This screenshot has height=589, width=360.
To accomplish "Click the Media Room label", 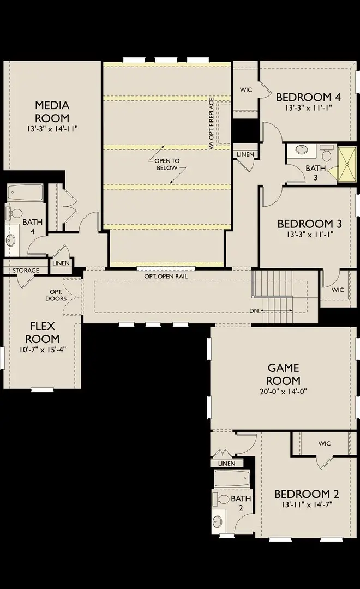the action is click(x=52, y=111).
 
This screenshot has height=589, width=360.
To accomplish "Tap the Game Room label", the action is click(x=283, y=374).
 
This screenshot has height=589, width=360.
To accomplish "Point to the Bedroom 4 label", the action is click(x=308, y=97).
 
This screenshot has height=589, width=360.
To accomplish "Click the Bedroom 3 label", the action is click(x=310, y=224).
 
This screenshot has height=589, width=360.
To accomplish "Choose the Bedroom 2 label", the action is click(x=307, y=494).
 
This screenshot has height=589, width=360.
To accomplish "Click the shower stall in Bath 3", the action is click(x=346, y=165).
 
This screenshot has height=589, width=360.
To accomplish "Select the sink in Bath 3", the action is click(x=302, y=150).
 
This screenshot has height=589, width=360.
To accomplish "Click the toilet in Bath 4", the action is click(x=14, y=213).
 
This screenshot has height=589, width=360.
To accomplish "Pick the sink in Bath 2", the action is click(x=218, y=521).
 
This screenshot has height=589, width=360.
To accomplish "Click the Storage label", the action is click(x=26, y=271).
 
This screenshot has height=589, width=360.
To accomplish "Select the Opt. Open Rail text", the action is click(x=166, y=276).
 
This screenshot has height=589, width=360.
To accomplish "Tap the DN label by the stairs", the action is click(x=254, y=311).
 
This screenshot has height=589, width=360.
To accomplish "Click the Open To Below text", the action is click(x=167, y=164).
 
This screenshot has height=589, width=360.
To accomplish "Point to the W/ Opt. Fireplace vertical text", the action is click(x=212, y=124).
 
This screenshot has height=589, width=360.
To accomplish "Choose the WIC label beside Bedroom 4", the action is click(x=246, y=90).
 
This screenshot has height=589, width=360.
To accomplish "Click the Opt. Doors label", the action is click(x=56, y=295).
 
